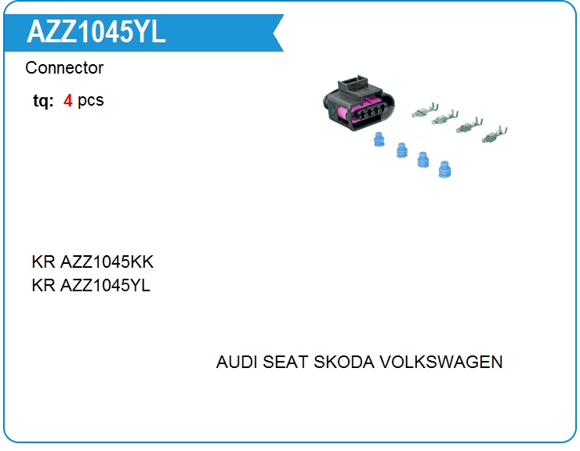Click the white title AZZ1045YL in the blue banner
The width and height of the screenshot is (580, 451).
(x=96, y=32)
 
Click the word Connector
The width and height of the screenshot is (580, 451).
(x=64, y=68)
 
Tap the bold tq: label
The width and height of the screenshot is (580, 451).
(x=43, y=100)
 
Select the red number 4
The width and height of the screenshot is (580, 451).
(x=67, y=100)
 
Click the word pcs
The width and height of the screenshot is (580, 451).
(x=91, y=101)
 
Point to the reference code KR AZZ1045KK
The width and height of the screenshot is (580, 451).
(x=92, y=262)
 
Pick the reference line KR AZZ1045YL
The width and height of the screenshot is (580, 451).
(x=91, y=285)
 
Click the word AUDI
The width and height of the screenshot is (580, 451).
(x=237, y=362)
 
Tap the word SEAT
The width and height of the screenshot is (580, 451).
(x=285, y=362)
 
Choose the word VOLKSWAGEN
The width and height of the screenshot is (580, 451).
(x=441, y=362)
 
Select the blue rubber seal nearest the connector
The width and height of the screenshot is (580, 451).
(x=379, y=139)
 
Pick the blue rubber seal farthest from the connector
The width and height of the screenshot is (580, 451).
(x=444, y=169)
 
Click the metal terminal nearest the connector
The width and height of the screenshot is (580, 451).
(x=425, y=110)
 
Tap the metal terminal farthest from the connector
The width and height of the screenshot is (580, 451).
(x=495, y=135)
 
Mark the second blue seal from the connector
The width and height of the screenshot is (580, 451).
(x=402, y=150)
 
